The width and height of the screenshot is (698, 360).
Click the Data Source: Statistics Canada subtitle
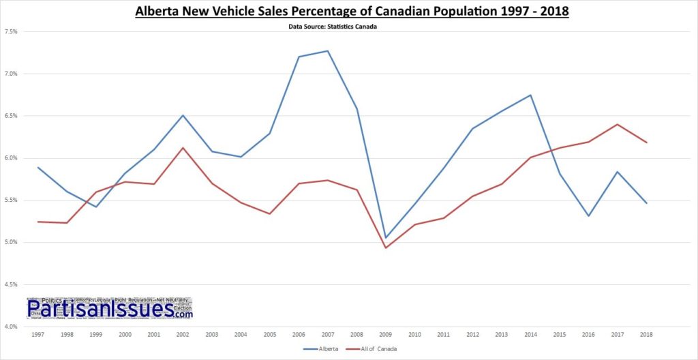349,27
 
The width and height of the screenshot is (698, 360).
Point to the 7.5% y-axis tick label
11,32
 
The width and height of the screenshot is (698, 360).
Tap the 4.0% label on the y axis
11,327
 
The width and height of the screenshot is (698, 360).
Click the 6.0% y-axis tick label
11,158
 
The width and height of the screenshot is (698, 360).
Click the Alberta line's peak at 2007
327,51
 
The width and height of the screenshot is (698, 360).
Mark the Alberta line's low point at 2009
385,238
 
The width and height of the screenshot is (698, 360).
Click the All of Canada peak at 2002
182,148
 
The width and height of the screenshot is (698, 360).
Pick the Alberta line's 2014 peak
530,95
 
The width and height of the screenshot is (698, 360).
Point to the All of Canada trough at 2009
385,247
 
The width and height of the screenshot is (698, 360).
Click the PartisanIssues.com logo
110,309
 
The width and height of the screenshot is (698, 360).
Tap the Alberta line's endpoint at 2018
646,203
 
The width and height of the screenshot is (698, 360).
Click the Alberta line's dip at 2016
588,216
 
